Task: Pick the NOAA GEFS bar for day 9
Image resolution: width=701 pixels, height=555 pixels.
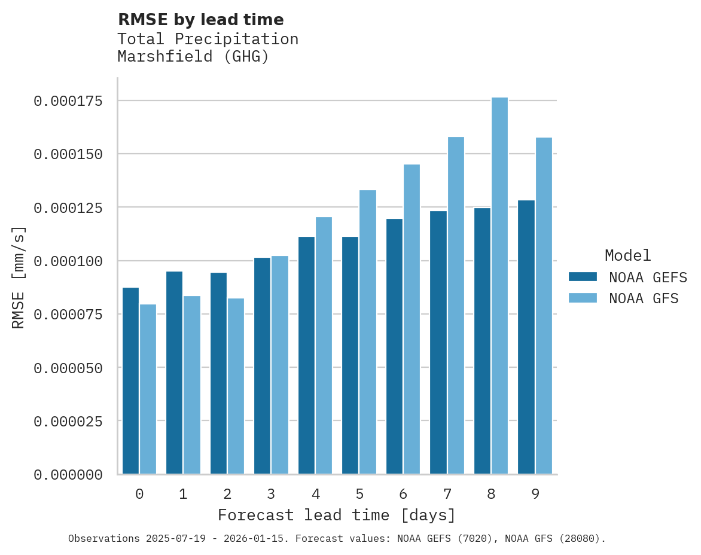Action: coord(526,337)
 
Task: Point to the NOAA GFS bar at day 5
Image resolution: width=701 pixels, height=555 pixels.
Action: coord(368,333)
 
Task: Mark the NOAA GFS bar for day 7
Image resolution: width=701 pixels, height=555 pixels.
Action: coord(456,306)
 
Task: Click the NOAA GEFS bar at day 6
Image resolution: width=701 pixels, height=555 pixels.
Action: coord(394,347)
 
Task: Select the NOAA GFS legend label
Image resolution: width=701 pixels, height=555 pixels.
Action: coord(644,298)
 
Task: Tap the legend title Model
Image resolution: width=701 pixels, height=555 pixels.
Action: coord(627,255)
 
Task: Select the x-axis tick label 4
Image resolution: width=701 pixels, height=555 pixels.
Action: coord(315,494)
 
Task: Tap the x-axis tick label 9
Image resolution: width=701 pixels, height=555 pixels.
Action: coord(535,494)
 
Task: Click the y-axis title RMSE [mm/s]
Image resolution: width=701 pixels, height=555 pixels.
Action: coord(19,277)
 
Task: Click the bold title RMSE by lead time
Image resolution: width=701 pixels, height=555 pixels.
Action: coord(200,20)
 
